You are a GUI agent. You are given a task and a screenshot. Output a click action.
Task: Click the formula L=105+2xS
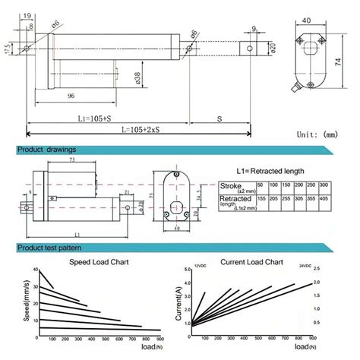point(115,131)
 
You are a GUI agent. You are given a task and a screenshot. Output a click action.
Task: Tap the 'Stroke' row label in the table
point(230,185)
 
